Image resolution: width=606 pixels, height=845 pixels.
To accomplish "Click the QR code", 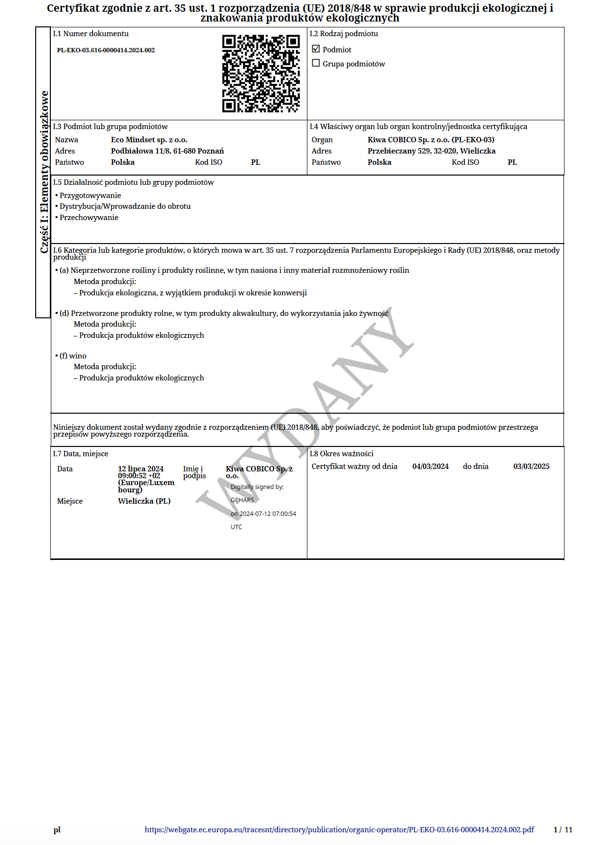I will pos(261,73).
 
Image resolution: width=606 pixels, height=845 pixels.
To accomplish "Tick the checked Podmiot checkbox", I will pos(316,49).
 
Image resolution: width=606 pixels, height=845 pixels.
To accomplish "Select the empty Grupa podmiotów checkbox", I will pos(316,63).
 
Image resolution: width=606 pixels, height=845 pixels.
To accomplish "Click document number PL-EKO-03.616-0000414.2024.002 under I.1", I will pos(106,50).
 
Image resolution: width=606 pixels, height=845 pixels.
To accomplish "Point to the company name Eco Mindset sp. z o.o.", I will pos(149,140).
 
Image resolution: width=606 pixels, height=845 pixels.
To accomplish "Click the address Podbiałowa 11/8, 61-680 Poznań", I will pos(167,151).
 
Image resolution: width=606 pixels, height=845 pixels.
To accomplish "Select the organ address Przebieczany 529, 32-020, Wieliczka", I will pos(431,151).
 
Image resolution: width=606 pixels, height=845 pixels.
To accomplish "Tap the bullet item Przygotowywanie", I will pos(90,196).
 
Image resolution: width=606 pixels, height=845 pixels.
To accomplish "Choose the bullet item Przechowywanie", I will pos(88,218).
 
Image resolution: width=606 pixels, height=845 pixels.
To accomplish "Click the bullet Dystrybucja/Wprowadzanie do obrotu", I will pos(125,206).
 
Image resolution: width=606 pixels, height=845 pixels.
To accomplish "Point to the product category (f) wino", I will pos(73,356).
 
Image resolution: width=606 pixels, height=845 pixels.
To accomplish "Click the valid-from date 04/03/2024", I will pos(430,467).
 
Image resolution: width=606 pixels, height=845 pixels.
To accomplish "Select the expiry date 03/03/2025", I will pos(531,467).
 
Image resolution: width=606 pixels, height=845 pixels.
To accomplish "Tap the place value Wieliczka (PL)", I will pos(144,501).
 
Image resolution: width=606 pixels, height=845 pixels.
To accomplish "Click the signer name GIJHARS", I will pos(242,500).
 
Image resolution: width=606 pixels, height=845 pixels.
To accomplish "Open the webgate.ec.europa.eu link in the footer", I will pos(339,830).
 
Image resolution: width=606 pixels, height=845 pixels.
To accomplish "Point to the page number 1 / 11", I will pos(563,830).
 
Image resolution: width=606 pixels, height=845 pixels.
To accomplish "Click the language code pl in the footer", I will pos(57,830).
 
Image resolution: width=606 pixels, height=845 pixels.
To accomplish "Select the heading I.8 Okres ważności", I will pos(342,454).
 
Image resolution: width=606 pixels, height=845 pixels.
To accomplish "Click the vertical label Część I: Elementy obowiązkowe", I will pos(44,172).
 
